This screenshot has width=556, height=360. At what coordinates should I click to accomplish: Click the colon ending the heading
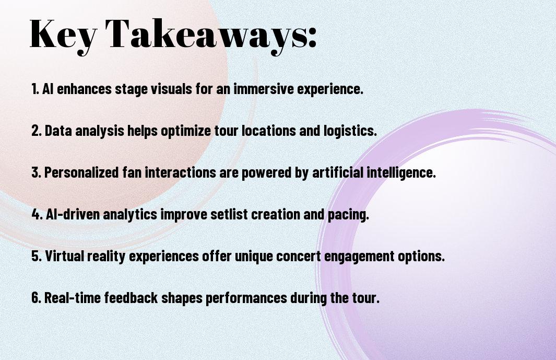coord(312,37)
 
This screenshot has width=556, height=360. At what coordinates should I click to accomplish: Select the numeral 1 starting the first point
coord(34,89)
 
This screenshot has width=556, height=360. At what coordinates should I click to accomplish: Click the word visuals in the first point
coord(171,89)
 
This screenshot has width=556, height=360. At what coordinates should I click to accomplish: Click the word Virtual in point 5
coord(64,256)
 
